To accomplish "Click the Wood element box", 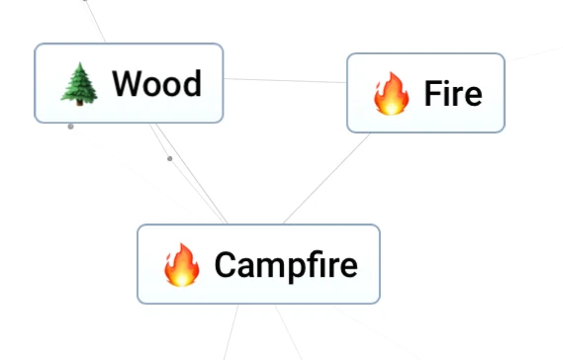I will (x=129, y=83).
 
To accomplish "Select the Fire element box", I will (x=425, y=93).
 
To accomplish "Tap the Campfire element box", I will (x=258, y=264).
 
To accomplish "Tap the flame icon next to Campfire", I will (x=181, y=265).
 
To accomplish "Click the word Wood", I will (x=156, y=84).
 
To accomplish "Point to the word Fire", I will (x=452, y=94).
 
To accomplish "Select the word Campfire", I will (x=285, y=265).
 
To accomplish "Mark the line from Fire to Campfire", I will (x=327, y=178).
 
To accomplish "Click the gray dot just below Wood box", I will (x=70, y=127).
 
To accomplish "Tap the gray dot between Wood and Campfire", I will (x=170, y=158).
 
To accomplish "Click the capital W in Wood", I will (x=127, y=84).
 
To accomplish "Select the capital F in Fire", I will (x=432, y=94).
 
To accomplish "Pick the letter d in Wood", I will (x=192, y=84).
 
